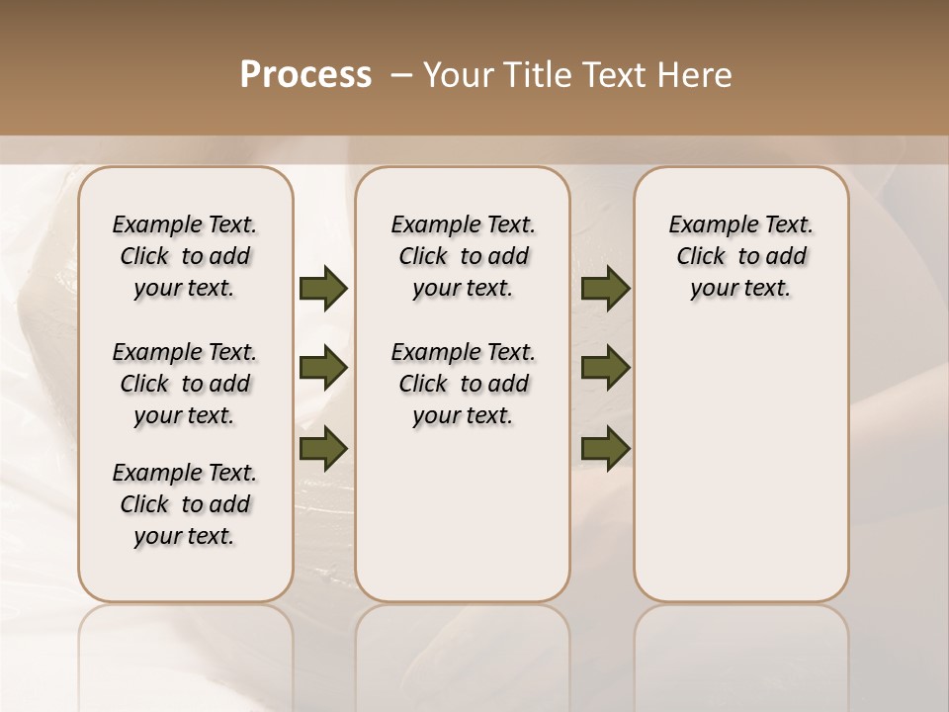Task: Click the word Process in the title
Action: [x=305, y=75]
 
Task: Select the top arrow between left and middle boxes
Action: [x=323, y=289]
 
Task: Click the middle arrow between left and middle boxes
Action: [x=323, y=369]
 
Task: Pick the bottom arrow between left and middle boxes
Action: [x=323, y=448]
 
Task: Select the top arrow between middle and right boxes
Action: [x=606, y=289]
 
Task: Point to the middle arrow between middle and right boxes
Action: [x=606, y=369]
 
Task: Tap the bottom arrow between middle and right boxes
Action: [x=606, y=448]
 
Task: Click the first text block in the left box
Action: [x=185, y=256]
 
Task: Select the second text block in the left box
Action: [x=185, y=384]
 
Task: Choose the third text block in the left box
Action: [x=185, y=504]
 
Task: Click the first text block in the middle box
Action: [x=463, y=256]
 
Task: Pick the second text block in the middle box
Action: [x=463, y=384]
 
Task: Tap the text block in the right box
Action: [x=740, y=256]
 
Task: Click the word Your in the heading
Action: [x=455, y=75]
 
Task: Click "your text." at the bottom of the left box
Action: [x=185, y=537]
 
